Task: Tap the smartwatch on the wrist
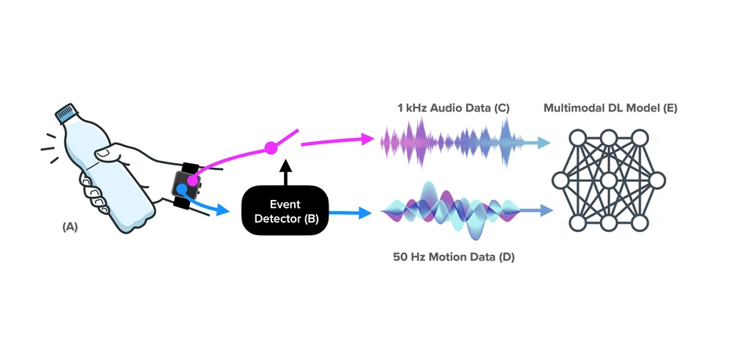point(187,185)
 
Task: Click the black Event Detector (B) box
point(284,209)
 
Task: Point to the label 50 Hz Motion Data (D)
point(453,256)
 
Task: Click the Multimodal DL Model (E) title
point(610,108)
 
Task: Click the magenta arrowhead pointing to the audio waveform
point(366,140)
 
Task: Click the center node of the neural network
point(609,181)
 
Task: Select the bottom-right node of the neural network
point(640,224)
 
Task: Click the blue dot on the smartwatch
point(182,189)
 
